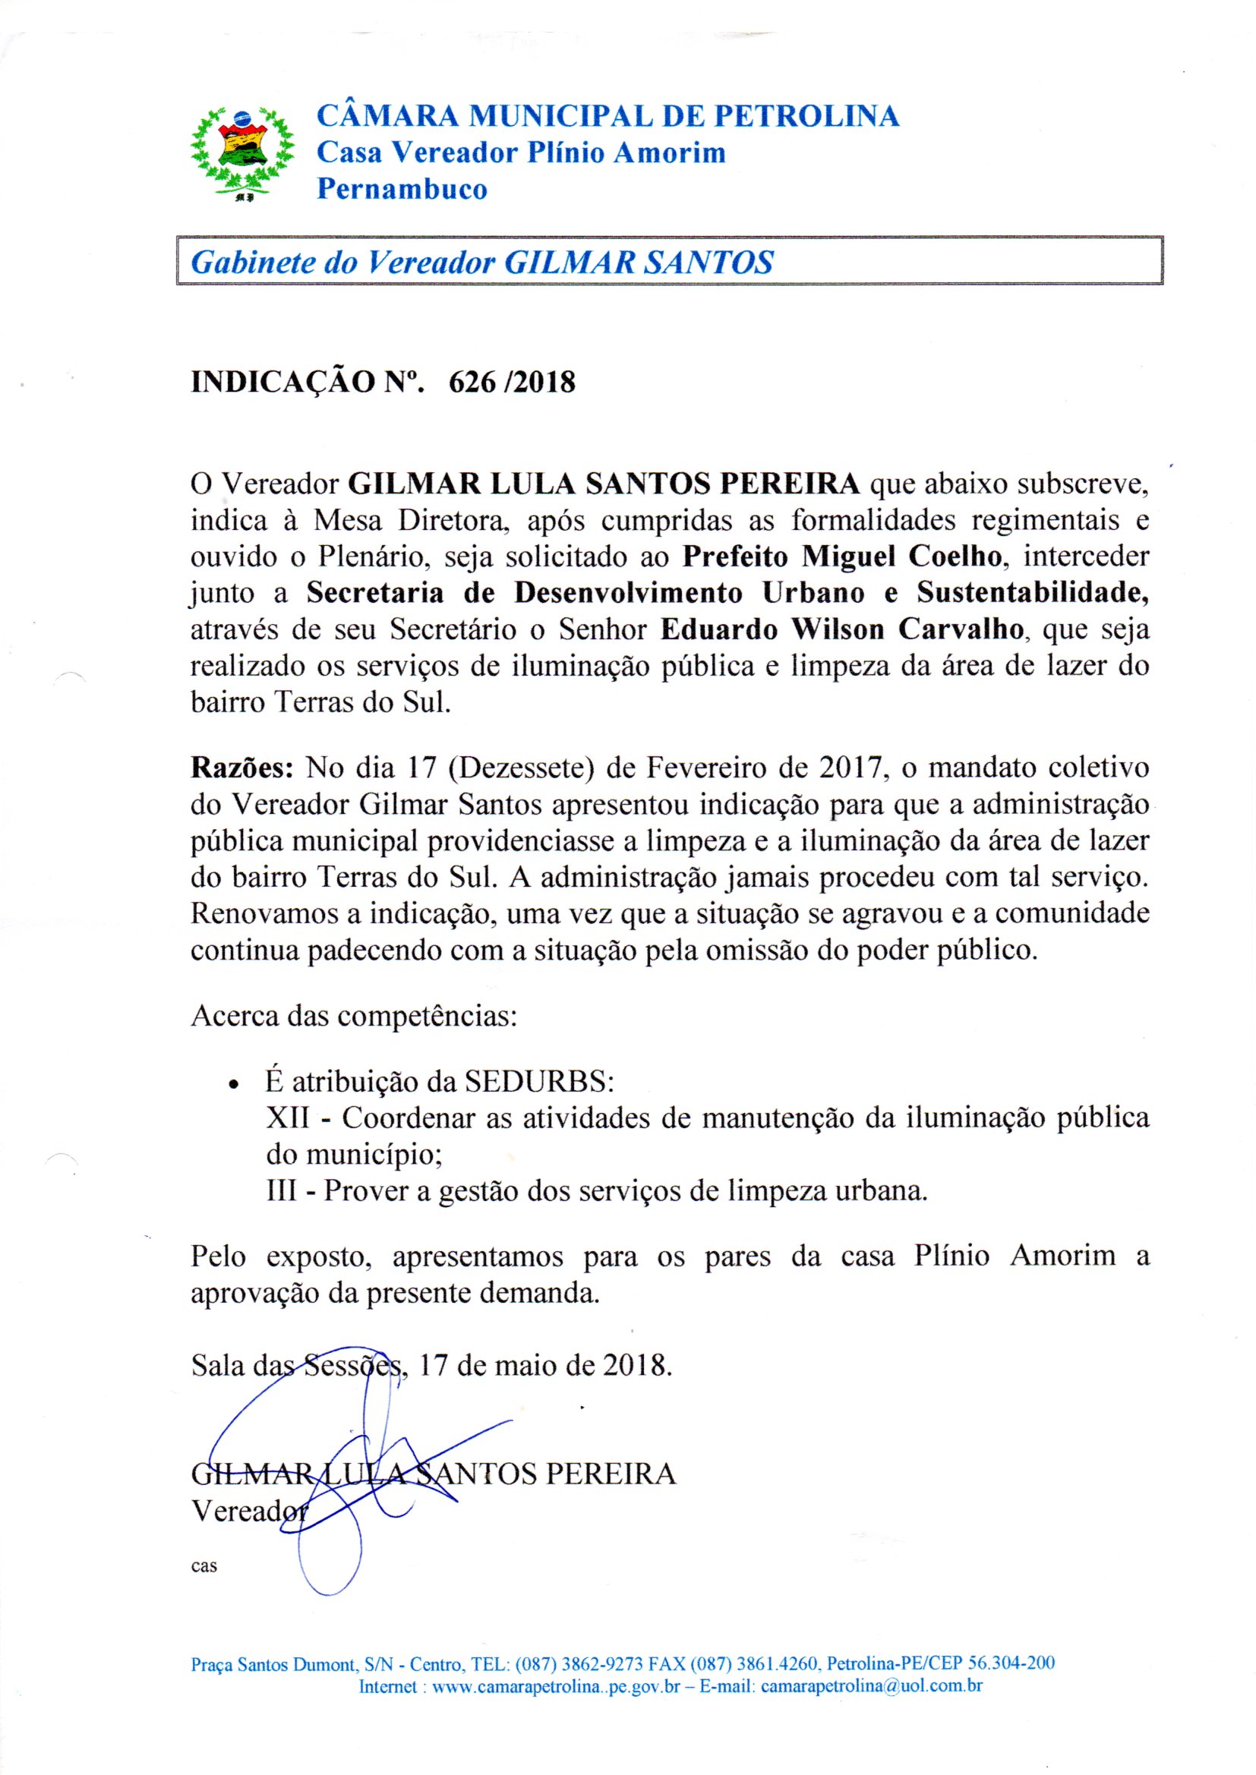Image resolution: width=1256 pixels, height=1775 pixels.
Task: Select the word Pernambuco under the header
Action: pyautogui.click(x=402, y=190)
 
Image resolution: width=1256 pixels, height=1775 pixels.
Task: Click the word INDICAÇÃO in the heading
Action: pyautogui.click(x=283, y=382)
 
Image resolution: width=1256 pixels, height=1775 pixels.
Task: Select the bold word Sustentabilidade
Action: pyautogui.click(x=1033, y=594)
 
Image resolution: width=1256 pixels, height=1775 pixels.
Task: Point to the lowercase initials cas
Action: pyautogui.click(x=204, y=1567)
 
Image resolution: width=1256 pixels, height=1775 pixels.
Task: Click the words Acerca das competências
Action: pyautogui.click(x=353, y=1015)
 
